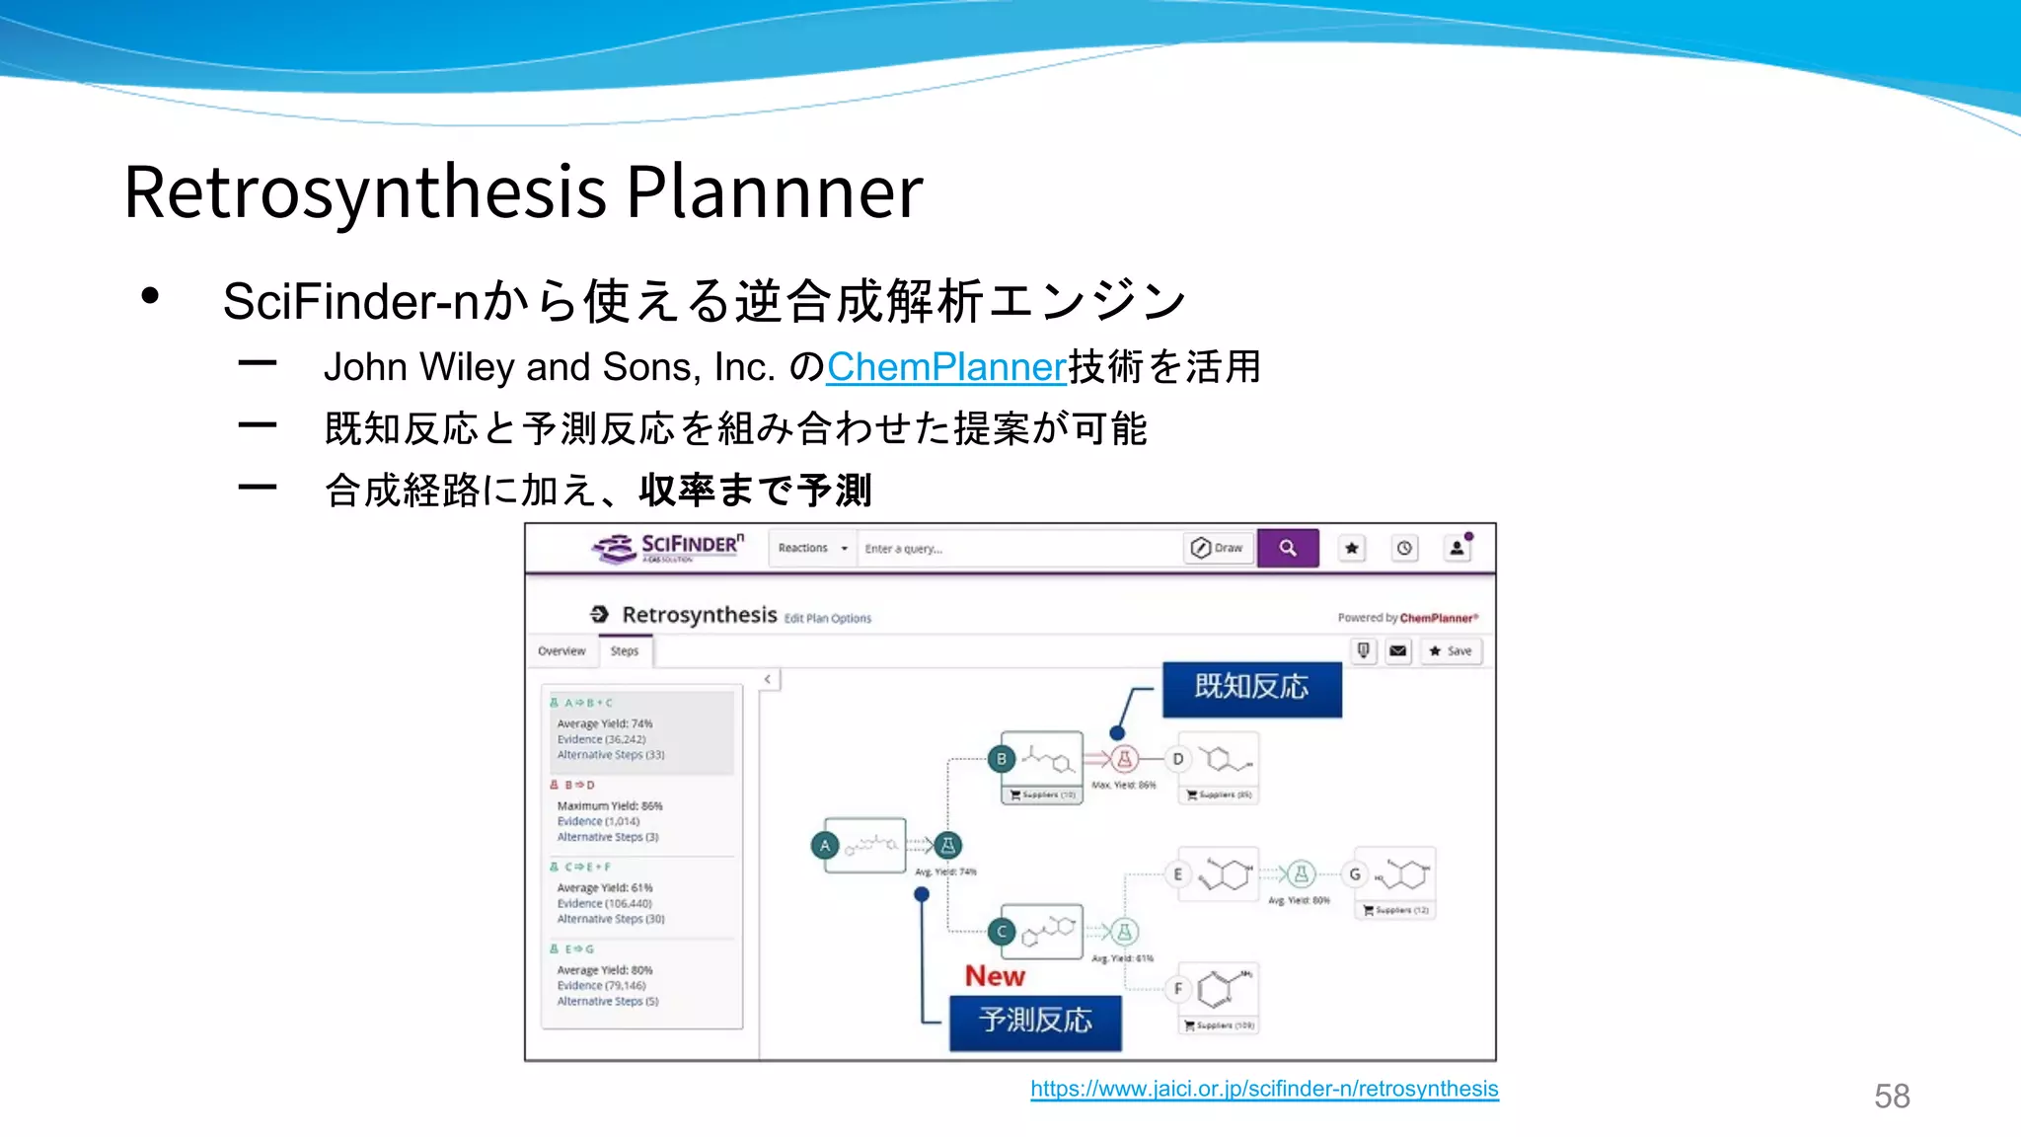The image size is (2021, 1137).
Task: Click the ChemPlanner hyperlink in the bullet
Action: [x=945, y=367]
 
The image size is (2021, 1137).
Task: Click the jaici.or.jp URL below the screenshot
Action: [x=1264, y=1089]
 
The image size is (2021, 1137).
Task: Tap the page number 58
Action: [x=1892, y=1096]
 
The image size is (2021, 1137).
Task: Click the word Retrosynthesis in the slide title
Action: [x=365, y=191]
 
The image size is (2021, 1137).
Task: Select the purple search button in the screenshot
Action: [x=1288, y=548]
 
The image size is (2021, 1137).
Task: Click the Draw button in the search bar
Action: [x=1218, y=548]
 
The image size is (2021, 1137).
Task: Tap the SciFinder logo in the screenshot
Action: [x=668, y=548]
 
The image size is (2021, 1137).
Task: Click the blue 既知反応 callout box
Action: [x=1251, y=687]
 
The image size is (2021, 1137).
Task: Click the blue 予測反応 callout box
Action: [x=1035, y=1022]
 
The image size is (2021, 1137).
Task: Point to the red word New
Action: [x=995, y=976]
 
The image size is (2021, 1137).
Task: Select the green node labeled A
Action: [x=825, y=846]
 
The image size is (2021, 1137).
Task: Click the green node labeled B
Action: [x=1001, y=759]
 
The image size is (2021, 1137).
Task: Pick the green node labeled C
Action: [x=1001, y=932]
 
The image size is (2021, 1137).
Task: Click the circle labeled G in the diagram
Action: [x=1355, y=874]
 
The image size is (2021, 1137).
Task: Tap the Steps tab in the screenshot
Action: [x=624, y=651]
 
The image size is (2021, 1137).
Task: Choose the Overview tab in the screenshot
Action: [x=561, y=651]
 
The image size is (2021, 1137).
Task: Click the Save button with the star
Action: [x=1451, y=651]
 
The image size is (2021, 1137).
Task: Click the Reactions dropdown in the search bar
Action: [x=812, y=548]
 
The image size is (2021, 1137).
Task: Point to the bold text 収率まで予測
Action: [x=755, y=491]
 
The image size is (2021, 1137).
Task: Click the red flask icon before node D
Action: [x=1124, y=759]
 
